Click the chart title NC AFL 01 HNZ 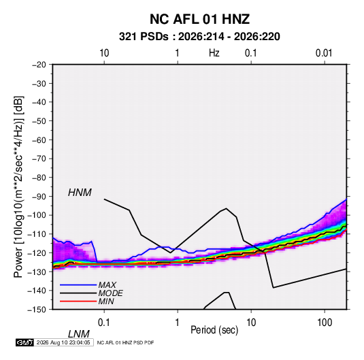tap(199, 19)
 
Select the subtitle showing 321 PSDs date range tap(199, 37)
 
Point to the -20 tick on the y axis tap(39, 65)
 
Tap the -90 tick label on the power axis tap(39, 197)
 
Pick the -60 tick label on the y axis tap(39, 140)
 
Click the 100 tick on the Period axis tap(325, 323)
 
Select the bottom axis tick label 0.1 tap(104, 323)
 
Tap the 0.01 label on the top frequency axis tap(324, 53)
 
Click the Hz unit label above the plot tap(214, 53)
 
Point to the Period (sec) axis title tap(214, 330)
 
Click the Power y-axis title tap(18, 186)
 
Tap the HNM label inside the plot tap(80, 193)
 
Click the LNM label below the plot tap(79, 334)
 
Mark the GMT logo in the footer tap(25, 342)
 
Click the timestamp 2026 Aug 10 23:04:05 tap(63, 342)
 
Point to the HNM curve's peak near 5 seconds tap(227, 208)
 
